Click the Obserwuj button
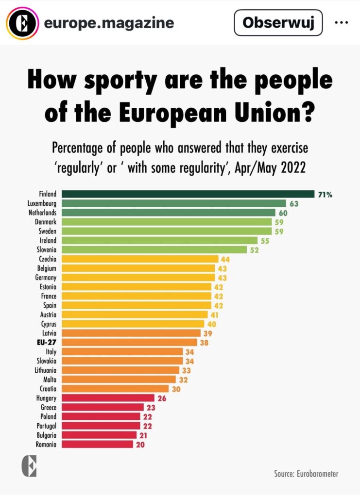278,23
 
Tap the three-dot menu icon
342,23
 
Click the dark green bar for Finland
188,194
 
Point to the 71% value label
325,195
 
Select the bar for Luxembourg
174,203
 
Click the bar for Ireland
159,240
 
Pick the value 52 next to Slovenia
254,250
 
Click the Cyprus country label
49,324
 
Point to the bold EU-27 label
48,342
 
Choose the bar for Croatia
115,389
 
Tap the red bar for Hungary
108,398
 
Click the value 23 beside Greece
151,407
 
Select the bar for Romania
97,444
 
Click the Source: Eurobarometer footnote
306,474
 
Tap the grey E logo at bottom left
29,466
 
